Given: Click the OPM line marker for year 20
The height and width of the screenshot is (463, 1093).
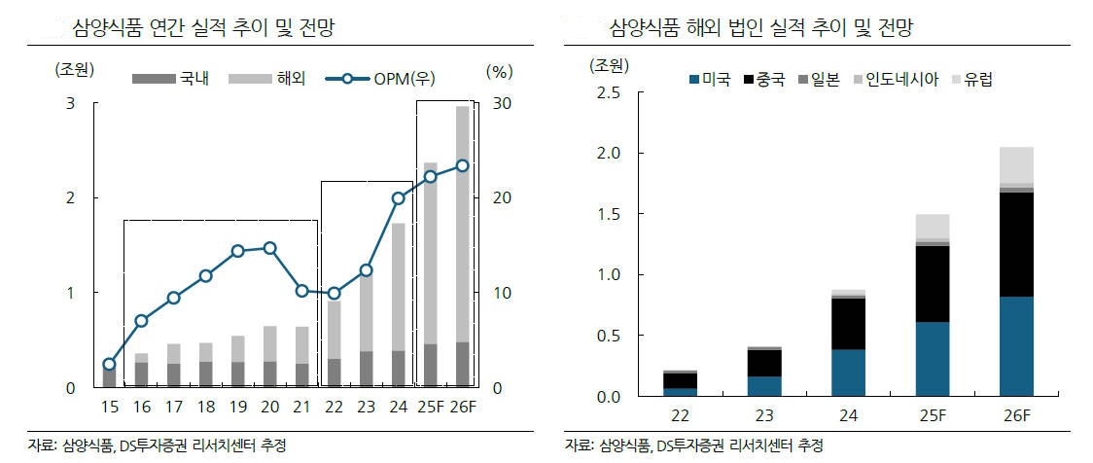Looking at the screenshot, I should [x=269, y=248].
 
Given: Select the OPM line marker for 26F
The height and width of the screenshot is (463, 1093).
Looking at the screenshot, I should [x=462, y=166].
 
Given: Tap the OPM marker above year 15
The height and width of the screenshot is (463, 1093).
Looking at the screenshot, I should [x=109, y=365].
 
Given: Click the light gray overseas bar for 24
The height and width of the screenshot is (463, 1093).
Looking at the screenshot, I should [x=398, y=287].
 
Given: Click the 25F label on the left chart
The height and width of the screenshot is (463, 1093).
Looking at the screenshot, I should [x=430, y=407].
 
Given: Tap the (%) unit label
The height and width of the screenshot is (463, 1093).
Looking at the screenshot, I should [x=499, y=70].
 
